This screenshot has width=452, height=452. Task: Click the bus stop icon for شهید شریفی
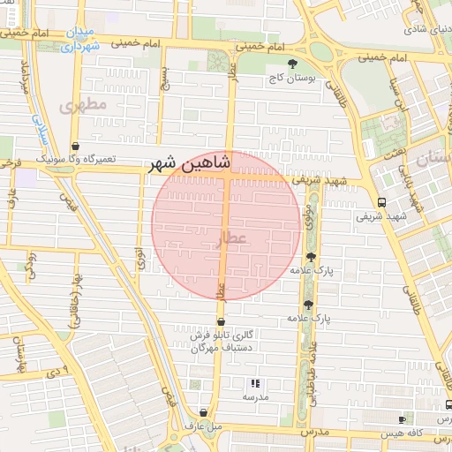380,201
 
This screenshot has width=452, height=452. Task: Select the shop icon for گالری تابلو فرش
221,321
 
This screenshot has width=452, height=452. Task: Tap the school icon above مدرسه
255,383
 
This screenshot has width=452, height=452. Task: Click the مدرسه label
255,397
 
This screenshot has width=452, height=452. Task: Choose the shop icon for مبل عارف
204,412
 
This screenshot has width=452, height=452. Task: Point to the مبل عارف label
204,426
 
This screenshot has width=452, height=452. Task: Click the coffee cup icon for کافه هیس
403,419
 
